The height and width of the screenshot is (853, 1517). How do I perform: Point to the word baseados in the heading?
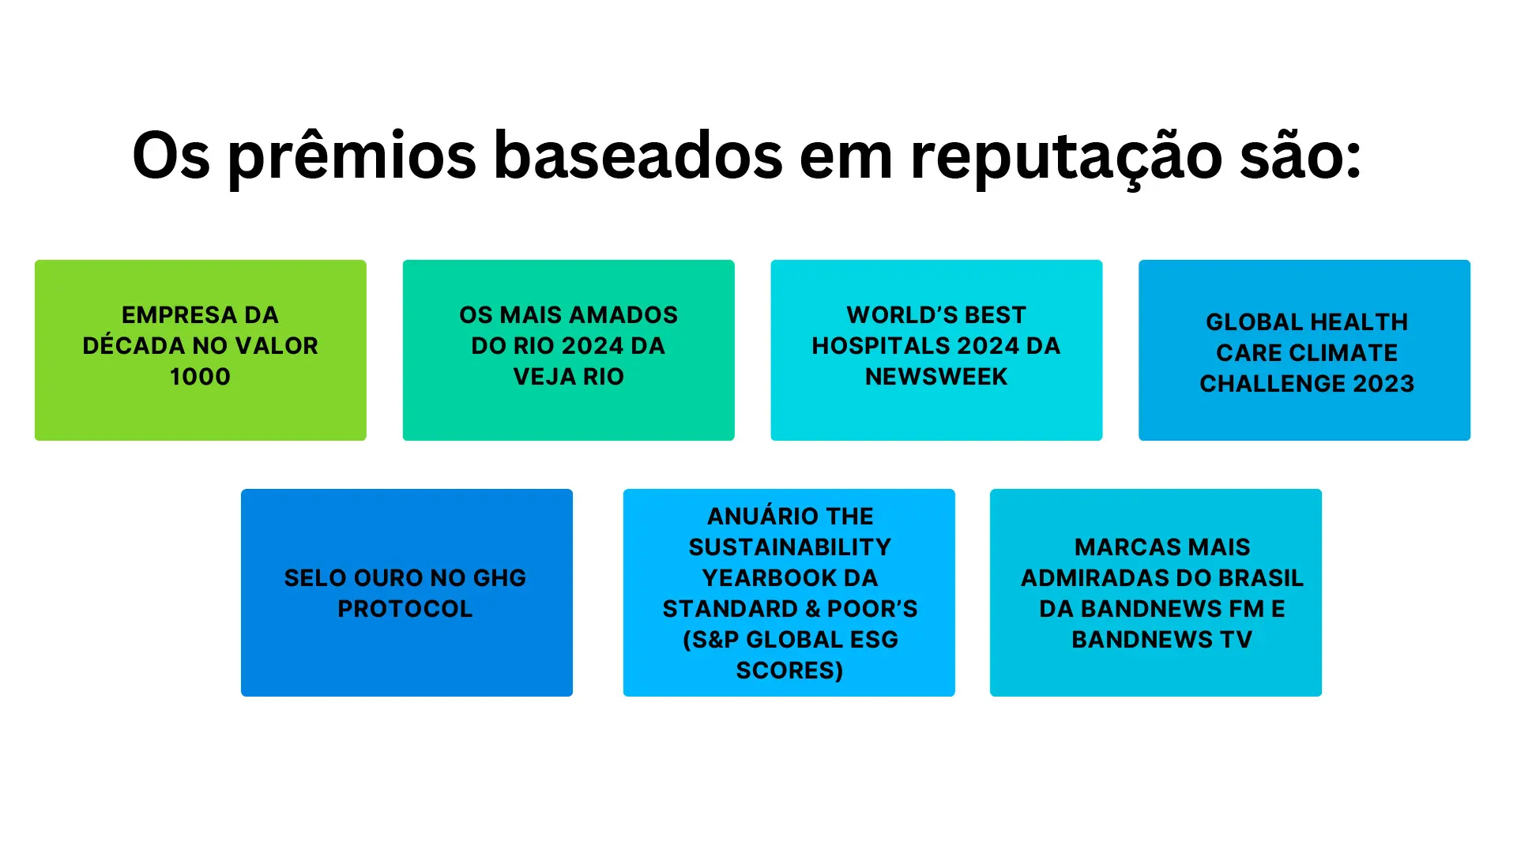(638, 155)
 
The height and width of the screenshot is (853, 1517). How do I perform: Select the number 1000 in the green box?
(200, 377)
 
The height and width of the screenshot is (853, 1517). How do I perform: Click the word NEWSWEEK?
(936, 377)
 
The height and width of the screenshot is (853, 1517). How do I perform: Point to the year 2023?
(1383, 384)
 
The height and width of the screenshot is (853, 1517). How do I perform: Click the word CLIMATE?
(1347, 353)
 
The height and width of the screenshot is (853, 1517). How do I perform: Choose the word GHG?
(499, 578)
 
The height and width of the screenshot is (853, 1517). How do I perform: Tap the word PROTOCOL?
(405, 609)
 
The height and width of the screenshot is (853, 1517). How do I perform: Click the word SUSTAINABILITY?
(790, 547)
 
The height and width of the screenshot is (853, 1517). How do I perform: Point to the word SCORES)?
(790, 671)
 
